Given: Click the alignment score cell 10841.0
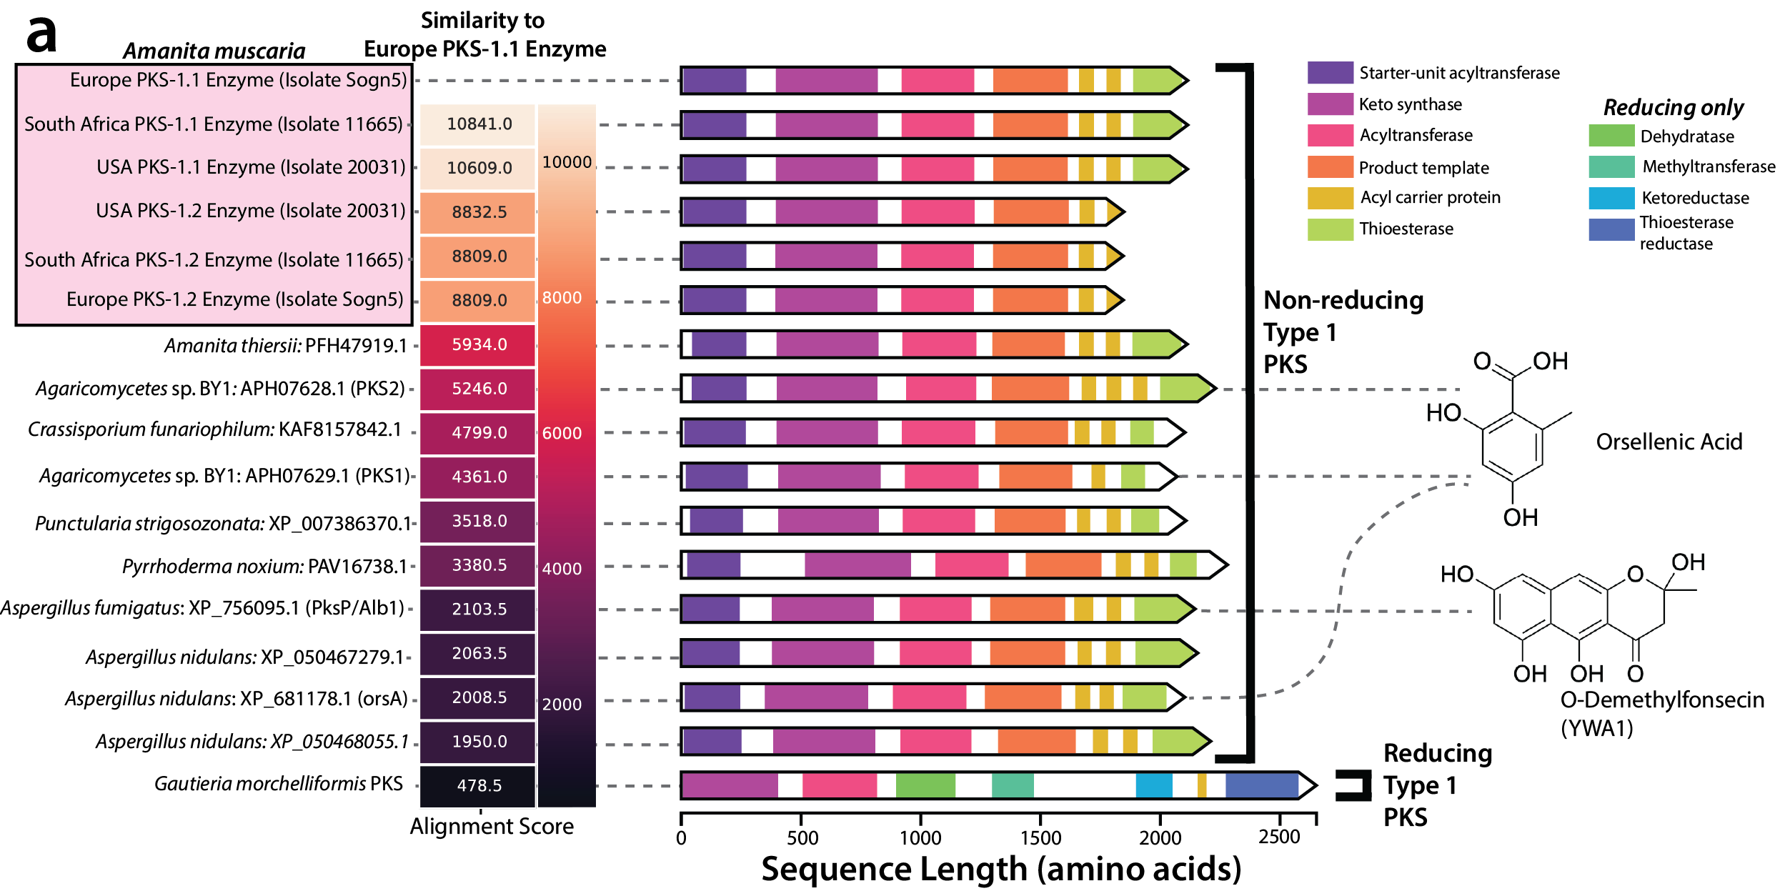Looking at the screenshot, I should [x=478, y=124].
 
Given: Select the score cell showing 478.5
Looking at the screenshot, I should [x=478, y=785].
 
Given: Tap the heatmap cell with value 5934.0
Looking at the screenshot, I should [x=478, y=344].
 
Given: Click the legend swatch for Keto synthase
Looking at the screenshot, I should [x=1330, y=104].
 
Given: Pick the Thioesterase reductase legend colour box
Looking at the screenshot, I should [x=1611, y=229].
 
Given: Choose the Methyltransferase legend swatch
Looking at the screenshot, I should [x=1611, y=167].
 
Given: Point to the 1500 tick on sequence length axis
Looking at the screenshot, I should [x=1040, y=837].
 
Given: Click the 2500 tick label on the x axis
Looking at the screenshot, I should [x=1278, y=837].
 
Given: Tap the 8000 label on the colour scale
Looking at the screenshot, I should [x=562, y=298].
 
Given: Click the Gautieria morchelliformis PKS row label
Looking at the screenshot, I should [x=279, y=784].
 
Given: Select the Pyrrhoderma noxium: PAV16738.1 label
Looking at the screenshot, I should [x=264, y=567].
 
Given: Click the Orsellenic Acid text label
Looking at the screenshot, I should [x=1669, y=442].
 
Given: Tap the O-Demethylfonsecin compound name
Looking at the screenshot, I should [x=1661, y=700].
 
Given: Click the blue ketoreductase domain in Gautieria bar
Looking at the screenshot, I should [x=1153, y=785].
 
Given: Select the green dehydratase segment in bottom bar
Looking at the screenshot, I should [x=925, y=785].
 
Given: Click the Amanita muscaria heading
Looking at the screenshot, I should [x=214, y=51].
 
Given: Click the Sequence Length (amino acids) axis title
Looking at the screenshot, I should [x=1000, y=870].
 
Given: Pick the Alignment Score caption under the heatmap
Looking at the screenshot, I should [x=492, y=827].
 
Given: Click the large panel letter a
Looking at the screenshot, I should [x=41, y=34].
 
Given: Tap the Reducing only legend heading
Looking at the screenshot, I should [x=1673, y=107].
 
